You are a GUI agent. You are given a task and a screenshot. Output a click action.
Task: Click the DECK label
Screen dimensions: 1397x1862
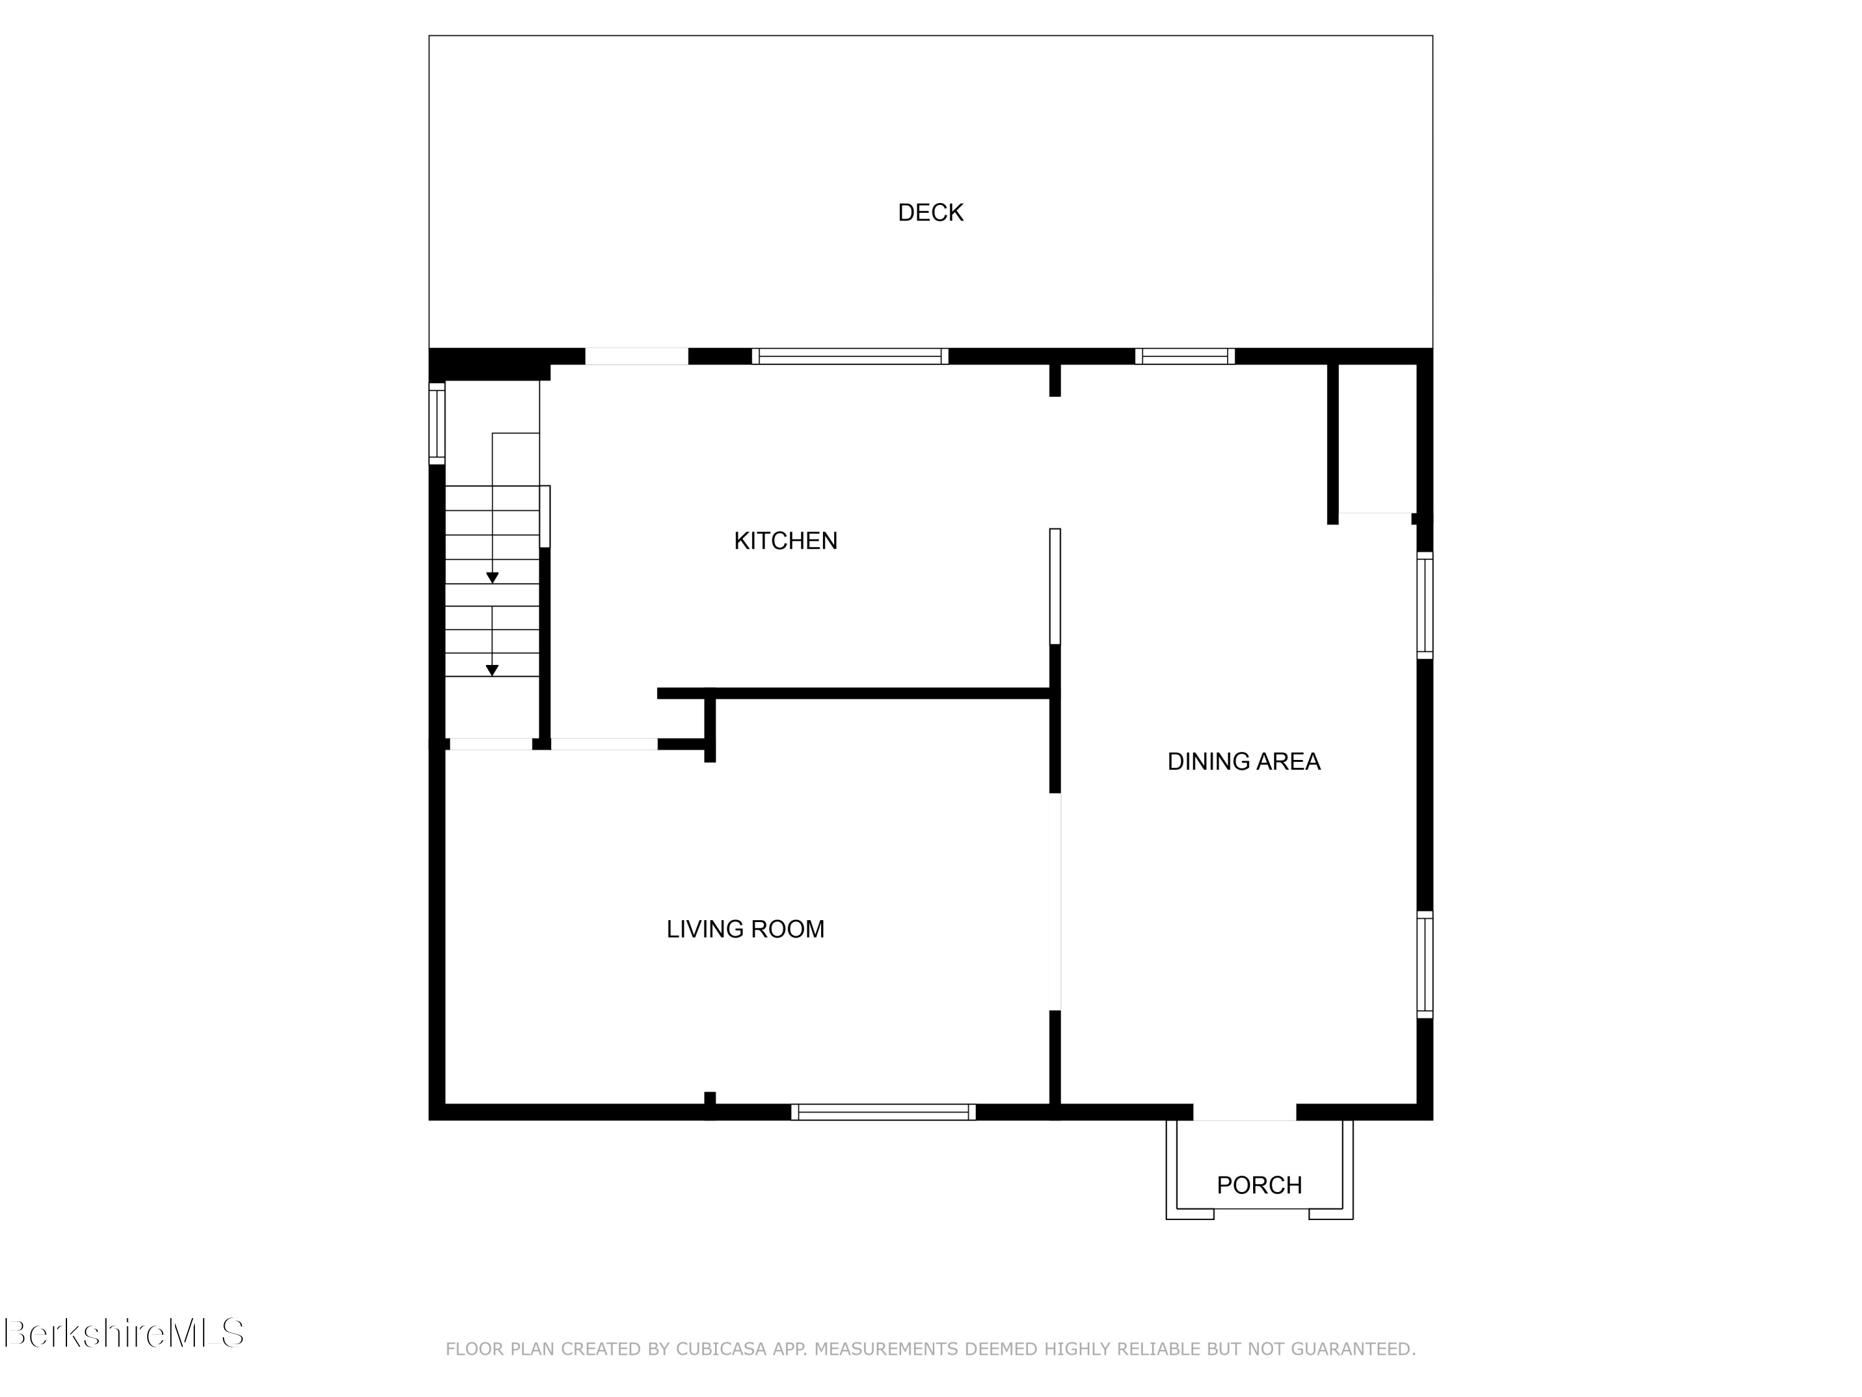(930, 213)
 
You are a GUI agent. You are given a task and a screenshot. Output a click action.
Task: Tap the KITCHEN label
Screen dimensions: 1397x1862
(785, 541)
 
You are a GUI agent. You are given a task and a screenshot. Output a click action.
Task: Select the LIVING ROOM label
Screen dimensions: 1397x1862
(745, 929)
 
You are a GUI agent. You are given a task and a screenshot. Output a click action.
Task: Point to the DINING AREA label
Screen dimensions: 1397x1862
(1243, 761)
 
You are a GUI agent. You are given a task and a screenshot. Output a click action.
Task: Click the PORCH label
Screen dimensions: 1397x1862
(1259, 1185)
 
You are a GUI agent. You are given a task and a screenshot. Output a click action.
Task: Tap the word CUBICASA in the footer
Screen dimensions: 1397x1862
(721, 1349)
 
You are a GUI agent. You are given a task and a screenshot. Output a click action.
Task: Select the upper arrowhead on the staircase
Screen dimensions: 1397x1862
(492, 577)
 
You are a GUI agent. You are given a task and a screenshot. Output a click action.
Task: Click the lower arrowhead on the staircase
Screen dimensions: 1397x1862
(492, 671)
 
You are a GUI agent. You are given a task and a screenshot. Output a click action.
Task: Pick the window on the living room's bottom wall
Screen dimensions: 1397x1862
(883, 1111)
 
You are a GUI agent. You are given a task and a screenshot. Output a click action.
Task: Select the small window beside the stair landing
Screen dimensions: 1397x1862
(437, 423)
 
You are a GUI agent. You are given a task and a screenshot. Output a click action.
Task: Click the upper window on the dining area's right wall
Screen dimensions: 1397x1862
(1424, 605)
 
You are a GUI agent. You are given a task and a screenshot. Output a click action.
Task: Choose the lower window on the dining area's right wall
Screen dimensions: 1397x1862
(1424, 964)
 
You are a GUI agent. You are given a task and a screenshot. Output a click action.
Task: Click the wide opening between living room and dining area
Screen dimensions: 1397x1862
(1055, 901)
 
